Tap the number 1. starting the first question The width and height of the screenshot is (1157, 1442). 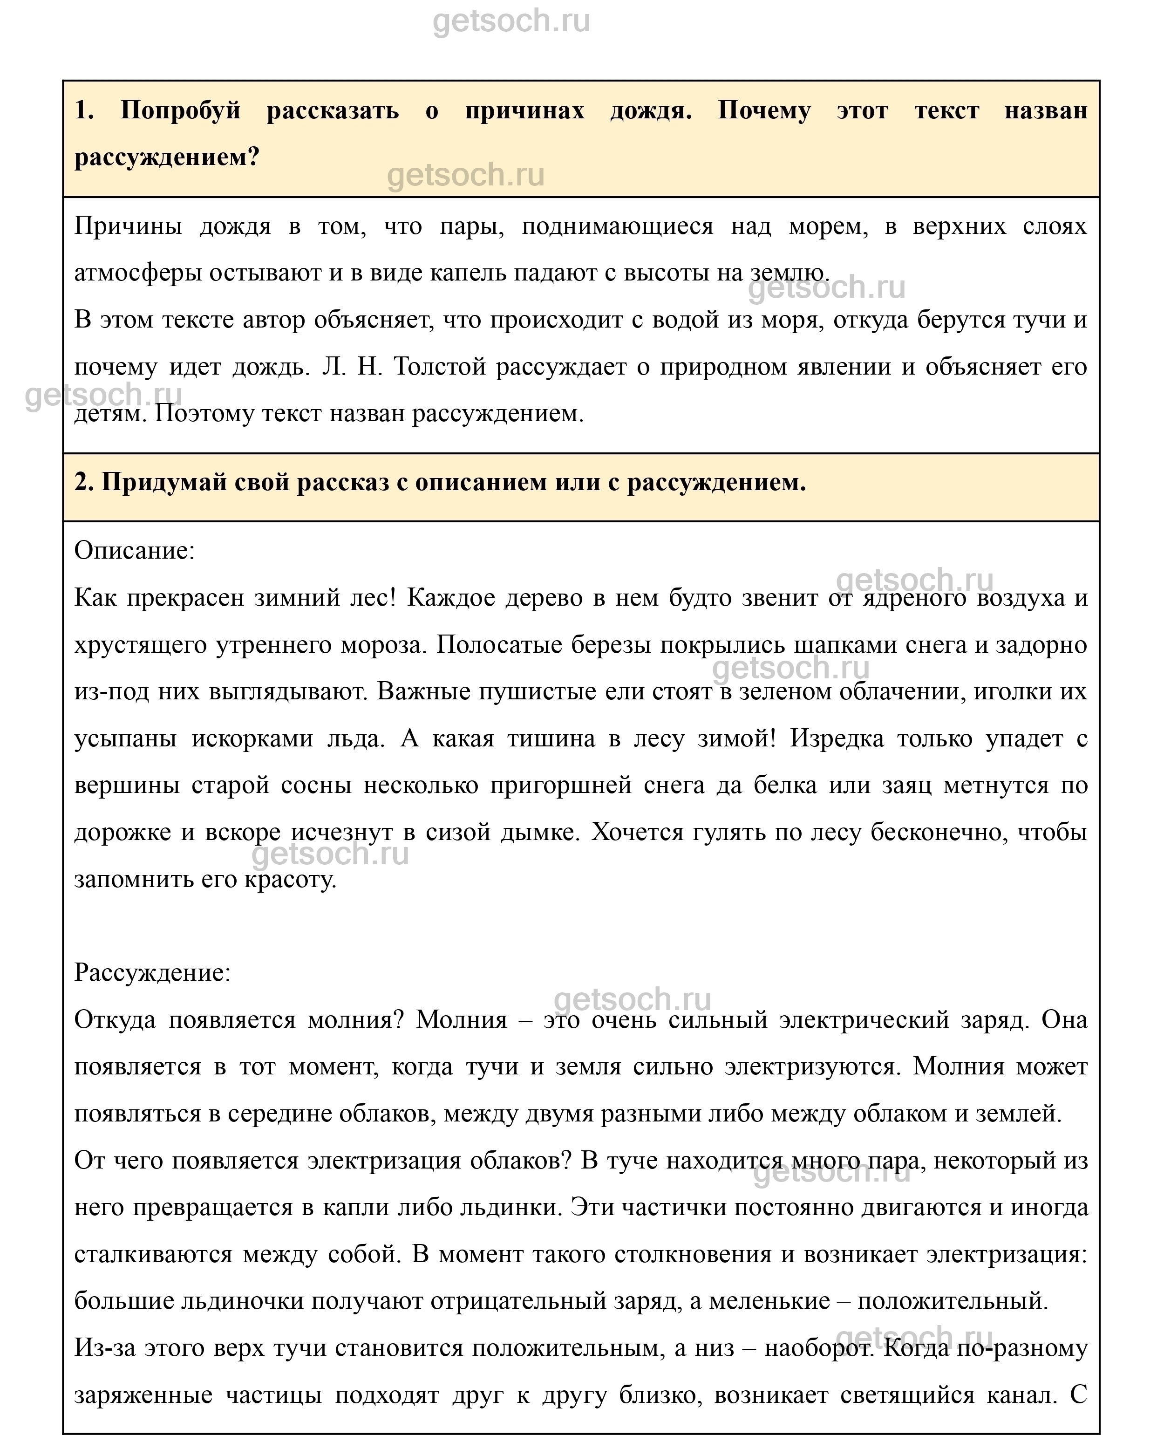(84, 110)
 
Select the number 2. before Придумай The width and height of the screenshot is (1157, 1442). (84, 482)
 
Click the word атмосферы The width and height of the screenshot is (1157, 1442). (138, 273)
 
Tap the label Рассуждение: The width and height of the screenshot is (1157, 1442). (152, 972)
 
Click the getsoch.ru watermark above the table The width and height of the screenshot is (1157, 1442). (511, 21)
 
